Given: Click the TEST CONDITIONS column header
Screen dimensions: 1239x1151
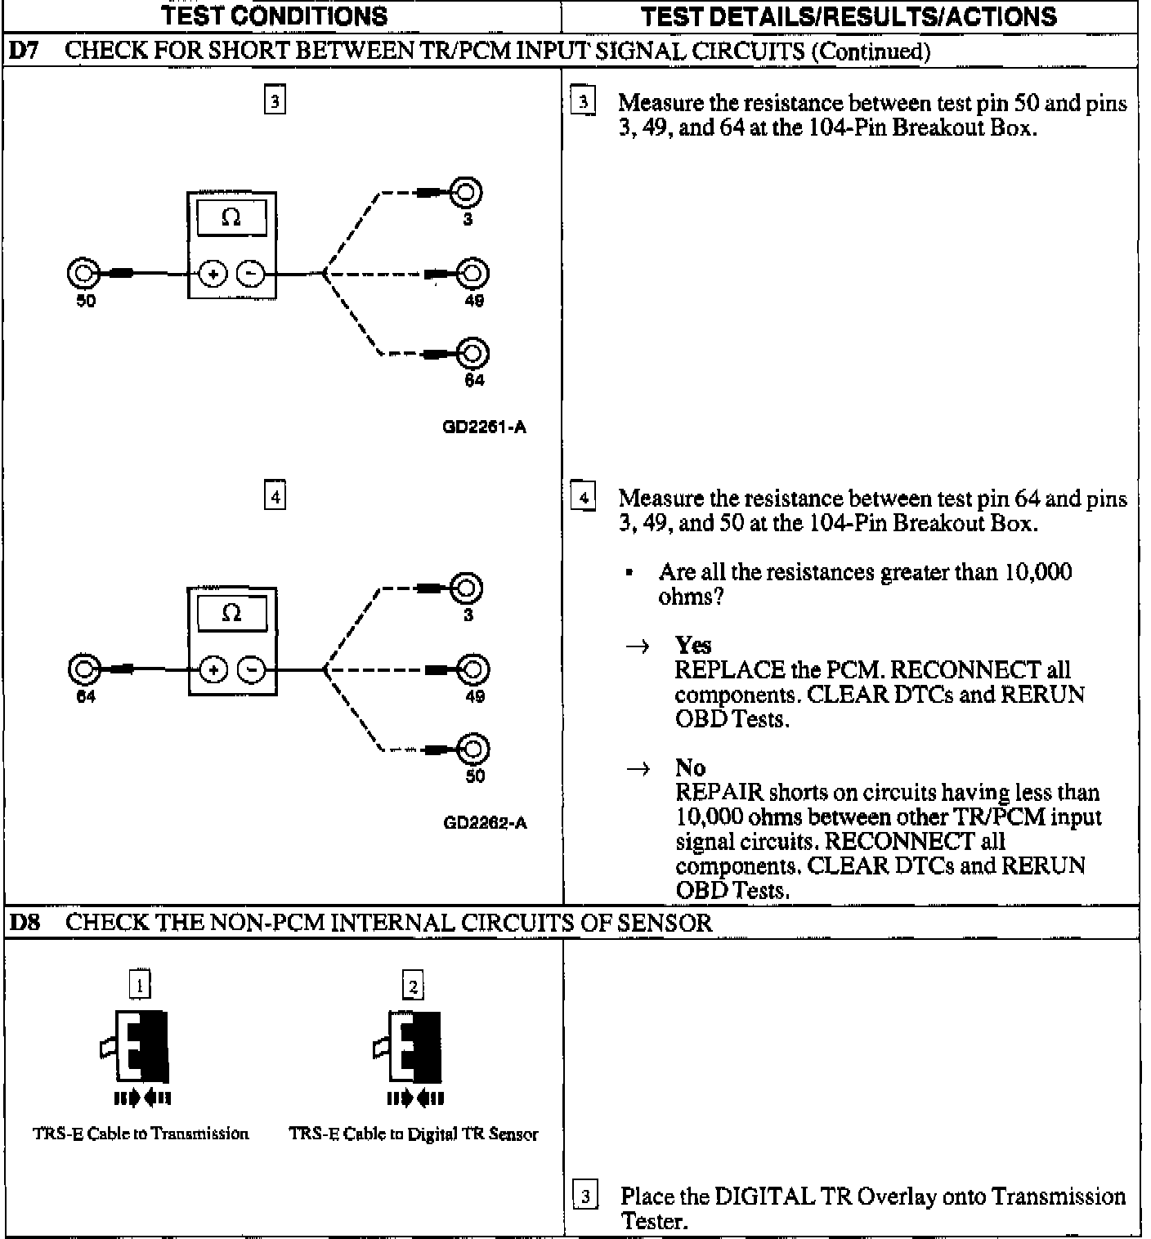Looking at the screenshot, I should click(274, 16).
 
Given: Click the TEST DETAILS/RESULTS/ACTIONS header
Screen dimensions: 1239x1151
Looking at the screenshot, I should click(849, 16).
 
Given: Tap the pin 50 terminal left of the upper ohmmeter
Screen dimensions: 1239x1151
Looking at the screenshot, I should click(83, 274).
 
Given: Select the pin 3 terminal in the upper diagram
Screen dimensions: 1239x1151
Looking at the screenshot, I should click(467, 193).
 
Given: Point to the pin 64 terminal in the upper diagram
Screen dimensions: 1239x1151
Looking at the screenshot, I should click(473, 353).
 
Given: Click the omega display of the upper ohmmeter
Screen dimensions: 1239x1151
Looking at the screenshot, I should click(231, 217).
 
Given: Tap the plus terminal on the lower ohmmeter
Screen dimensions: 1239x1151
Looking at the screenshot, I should click(213, 670).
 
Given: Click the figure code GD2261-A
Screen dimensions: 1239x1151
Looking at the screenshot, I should click(485, 427).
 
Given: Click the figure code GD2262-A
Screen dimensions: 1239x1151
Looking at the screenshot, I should click(485, 823).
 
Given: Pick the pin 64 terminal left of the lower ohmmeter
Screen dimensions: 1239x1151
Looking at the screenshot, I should click(83, 669).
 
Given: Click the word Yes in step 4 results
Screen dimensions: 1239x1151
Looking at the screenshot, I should click(693, 646).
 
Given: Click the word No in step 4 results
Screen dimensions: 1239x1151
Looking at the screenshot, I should click(690, 767).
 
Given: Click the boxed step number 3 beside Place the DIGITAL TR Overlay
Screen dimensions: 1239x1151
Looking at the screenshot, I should click(585, 1198).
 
